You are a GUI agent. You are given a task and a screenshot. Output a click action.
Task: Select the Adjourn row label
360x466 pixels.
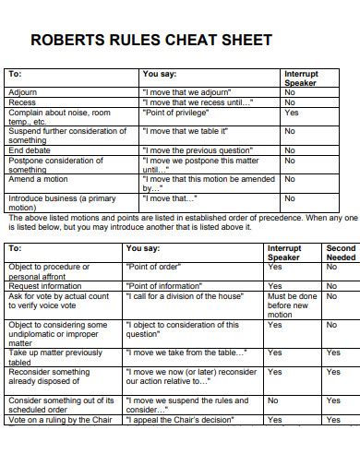[23, 92]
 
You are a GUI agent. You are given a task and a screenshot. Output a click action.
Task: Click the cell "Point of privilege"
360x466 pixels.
[173, 112]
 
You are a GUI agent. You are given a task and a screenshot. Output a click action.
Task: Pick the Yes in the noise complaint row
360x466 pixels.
[292, 112]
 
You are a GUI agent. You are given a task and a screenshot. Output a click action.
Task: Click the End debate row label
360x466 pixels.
[29, 150]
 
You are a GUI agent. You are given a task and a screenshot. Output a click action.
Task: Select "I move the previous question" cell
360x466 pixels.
[197, 150]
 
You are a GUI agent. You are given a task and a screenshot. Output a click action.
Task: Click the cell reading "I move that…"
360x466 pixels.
[170, 197]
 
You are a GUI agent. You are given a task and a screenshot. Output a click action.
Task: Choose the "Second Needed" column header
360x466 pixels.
[341, 253]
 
